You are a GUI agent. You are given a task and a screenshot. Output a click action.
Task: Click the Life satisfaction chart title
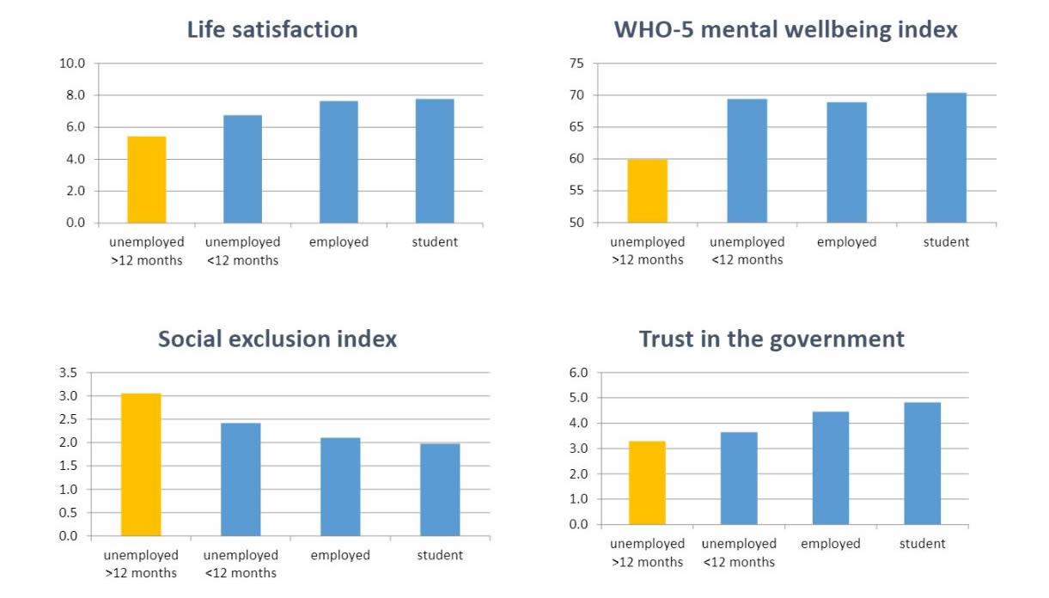coord(272,29)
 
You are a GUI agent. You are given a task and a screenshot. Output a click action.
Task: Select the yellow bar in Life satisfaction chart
coord(147,180)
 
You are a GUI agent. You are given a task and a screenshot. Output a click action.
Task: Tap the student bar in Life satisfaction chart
coord(435,162)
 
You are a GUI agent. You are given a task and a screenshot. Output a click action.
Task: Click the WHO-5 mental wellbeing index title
coord(785,29)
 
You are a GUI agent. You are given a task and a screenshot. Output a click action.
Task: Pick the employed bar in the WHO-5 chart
coord(846,162)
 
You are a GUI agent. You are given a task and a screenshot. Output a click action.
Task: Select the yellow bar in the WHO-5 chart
coord(647,191)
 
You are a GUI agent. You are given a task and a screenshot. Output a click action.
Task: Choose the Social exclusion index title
coord(277,339)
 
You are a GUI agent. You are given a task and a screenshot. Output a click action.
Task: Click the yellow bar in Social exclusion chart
coord(141,465)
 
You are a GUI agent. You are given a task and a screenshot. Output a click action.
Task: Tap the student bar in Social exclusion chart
coord(440,490)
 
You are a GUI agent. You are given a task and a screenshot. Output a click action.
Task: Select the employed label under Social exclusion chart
coord(340,555)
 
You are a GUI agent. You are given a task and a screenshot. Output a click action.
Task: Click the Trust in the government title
coord(772,339)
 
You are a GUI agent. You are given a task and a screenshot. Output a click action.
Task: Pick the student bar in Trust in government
coord(922,463)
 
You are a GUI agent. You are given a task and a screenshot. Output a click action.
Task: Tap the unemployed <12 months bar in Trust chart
coord(739,479)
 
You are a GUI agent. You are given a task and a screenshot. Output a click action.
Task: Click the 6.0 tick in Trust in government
coord(578,373)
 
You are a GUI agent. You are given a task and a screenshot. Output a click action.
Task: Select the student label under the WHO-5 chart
coord(946,242)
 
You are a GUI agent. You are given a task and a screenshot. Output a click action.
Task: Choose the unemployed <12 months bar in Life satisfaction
coord(242,169)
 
